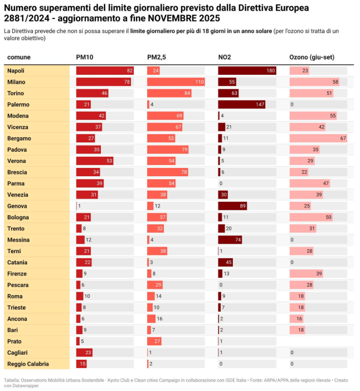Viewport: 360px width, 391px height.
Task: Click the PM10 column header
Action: pyautogui.click(x=84, y=57)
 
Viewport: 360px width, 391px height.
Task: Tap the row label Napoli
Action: pyautogui.click(x=16, y=71)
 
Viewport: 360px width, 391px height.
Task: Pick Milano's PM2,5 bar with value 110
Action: pyautogui.click(x=176, y=82)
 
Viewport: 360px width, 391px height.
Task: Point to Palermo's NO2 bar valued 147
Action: pyautogui.click(x=242, y=104)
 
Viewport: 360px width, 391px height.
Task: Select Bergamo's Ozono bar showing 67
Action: pyautogui.click(x=318, y=138)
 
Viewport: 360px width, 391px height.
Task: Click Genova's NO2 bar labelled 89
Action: pyautogui.click(x=232, y=206)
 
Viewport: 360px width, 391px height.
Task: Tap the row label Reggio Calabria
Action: pyautogui.click(x=28, y=364)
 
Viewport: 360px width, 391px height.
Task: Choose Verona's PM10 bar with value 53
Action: pyautogui.click(x=95, y=161)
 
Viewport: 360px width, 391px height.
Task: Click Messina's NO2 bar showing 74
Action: pyautogui.click(x=230, y=240)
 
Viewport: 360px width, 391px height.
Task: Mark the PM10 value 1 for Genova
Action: pyautogui.click(x=80, y=206)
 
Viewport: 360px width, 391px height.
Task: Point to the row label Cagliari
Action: pyautogui.click(x=17, y=353)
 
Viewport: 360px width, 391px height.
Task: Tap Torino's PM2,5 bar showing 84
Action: pyautogui.click(x=169, y=93)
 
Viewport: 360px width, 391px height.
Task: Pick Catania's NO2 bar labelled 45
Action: pyautogui.click(x=225, y=262)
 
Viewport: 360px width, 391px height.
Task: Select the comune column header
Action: pyautogui.click(x=19, y=57)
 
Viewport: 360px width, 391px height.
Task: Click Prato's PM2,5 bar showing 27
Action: pyautogui.click(x=155, y=341)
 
